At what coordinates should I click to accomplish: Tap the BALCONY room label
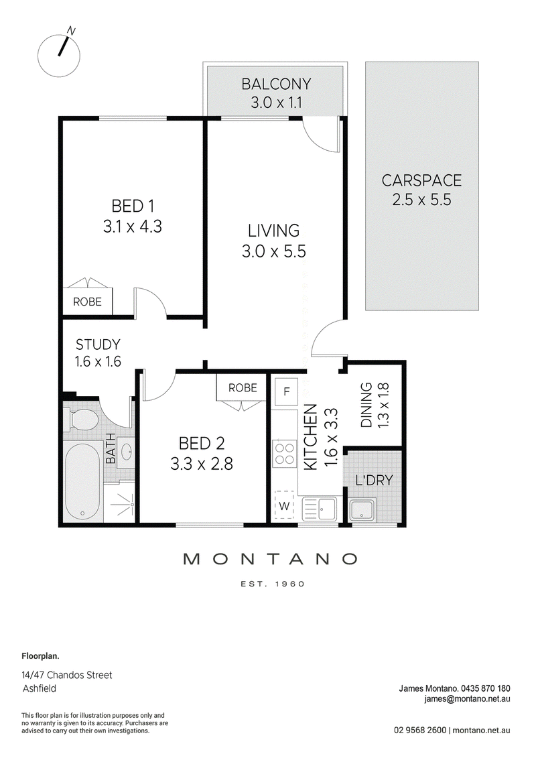pyautogui.click(x=276, y=84)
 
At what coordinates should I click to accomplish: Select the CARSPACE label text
pyautogui.click(x=421, y=180)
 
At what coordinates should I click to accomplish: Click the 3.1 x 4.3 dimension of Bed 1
pyautogui.click(x=133, y=227)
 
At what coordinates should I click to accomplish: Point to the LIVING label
pyautogui.click(x=273, y=231)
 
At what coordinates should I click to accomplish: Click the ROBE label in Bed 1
pyautogui.click(x=88, y=302)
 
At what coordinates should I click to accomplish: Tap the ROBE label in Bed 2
pyautogui.click(x=243, y=387)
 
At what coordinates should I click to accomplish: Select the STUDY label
pyautogui.click(x=98, y=344)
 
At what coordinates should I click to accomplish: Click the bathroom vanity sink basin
pyautogui.click(x=126, y=452)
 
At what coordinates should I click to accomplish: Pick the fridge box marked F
pyautogui.click(x=287, y=391)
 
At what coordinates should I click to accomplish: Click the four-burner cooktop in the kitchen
pyautogui.click(x=284, y=454)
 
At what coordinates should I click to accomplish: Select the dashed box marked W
pyautogui.click(x=284, y=505)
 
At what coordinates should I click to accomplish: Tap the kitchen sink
pyautogui.click(x=320, y=509)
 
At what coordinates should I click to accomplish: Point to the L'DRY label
pyautogui.click(x=374, y=481)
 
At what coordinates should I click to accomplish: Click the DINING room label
pyautogui.click(x=366, y=405)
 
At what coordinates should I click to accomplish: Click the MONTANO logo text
pyautogui.click(x=271, y=560)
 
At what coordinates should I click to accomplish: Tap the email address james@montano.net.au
pyautogui.click(x=468, y=698)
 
